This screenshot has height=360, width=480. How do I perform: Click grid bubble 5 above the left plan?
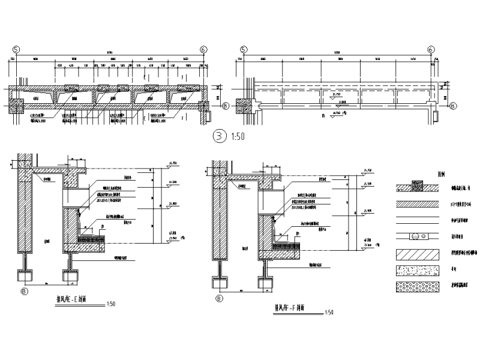click(x=16, y=50)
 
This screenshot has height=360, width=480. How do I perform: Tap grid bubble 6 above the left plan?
click(x=204, y=50)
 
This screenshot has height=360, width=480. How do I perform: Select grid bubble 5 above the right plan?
click(x=243, y=50)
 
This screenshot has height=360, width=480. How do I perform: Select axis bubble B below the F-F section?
click(x=220, y=298)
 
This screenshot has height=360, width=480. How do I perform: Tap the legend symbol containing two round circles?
click(x=418, y=237)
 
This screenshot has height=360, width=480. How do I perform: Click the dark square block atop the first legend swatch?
click(x=418, y=183)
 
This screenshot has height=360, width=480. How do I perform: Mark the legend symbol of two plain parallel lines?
click(x=418, y=220)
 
